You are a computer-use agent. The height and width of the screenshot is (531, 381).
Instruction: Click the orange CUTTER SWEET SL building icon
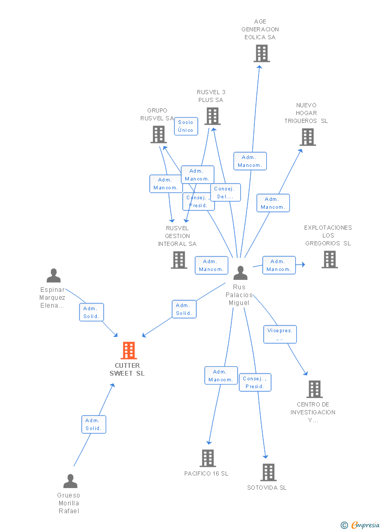tap(128, 351)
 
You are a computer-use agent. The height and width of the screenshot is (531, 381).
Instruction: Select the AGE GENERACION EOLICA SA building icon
tap(261, 53)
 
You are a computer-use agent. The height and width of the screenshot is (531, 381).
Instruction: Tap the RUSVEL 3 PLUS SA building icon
tap(212, 116)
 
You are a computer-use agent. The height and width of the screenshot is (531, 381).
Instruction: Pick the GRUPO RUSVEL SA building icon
tap(158, 134)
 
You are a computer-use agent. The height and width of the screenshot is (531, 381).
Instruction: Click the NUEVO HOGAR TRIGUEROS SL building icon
tap(308, 137)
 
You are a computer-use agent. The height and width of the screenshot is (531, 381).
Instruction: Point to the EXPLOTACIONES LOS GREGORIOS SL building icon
tap(329, 259)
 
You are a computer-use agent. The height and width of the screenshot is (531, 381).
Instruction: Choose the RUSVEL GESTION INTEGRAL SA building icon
tap(179, 260)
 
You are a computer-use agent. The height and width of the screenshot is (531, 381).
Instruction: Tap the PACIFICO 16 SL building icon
tap(208, 458)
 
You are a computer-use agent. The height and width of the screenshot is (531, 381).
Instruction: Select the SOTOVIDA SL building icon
tap(268, 472)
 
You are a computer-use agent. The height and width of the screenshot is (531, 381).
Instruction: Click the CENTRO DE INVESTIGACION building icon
tap(314, 389)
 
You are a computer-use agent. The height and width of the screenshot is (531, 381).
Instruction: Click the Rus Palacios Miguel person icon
tap(240, 273)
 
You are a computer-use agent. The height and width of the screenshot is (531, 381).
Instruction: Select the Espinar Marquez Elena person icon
tap(53, 276)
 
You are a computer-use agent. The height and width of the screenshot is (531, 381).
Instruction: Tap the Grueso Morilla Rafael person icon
tap(70, 481)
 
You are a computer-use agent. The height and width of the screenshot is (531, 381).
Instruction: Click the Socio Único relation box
tap(186, 126)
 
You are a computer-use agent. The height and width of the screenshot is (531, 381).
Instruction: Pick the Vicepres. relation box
tap(280, 334)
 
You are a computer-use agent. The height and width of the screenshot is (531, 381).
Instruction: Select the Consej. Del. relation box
tap(226, 193)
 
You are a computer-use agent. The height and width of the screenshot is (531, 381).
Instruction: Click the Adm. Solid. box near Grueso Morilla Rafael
tap(94, 424)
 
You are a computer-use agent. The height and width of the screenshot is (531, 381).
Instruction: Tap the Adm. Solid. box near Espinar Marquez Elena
tap(92, 312)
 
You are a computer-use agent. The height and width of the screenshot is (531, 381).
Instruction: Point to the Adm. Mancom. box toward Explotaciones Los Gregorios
tap(278, 265)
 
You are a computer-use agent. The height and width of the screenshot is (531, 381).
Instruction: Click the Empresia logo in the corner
tap(361, 525)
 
